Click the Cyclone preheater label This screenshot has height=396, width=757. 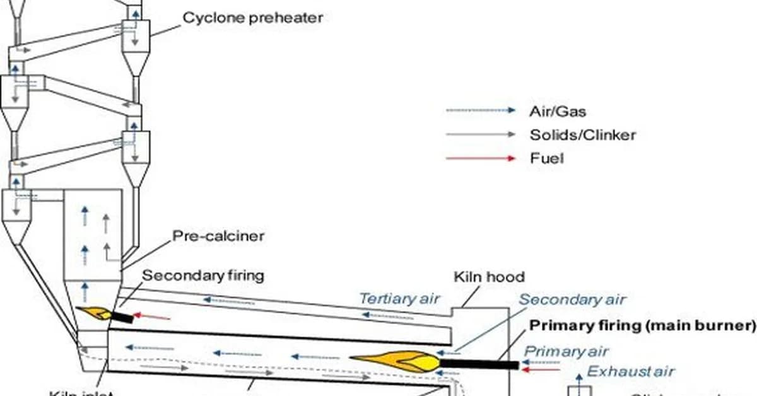[x=252, y=17]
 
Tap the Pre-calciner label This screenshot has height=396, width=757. [x=218, y=237]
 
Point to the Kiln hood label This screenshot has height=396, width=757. [x=490, y=277]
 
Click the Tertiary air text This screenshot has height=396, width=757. [x=399, y=299]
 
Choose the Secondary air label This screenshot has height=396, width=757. [x=572, y=300]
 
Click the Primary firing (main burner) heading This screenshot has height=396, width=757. [x=642, y=326]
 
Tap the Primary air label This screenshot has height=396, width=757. [x=566, y=351]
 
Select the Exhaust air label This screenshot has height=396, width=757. [x=631, y=371]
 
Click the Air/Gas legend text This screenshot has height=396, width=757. [x=557, y=112]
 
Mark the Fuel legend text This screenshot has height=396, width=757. [x=546, y=158]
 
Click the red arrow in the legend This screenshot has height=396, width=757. [x=481, y=158]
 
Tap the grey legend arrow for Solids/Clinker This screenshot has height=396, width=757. [x=481, y=134]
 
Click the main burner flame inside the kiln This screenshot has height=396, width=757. [x=397, y=361]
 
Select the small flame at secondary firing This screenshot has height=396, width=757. [x=94, y=313]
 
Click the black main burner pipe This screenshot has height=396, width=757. [x=479, y=364]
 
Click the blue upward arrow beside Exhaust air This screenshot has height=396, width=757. [x=578, y=381]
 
